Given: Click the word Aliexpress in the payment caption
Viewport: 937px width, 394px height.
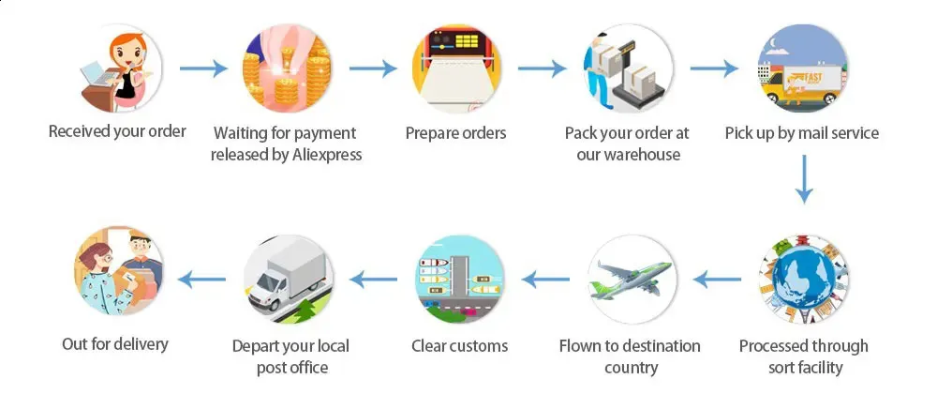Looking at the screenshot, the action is (x=327, y=154).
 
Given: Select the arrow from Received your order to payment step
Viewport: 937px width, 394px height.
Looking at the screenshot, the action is (x=203, y=68).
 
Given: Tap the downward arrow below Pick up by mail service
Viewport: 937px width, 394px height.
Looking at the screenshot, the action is (x=804, y=179).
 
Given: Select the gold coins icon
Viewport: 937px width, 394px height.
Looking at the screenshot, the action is (x=287, y=68).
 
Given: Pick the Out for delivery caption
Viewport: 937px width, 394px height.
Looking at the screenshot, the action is (x=115, y=343).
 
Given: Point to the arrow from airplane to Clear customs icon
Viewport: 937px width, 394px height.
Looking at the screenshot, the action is (x=545, y=279).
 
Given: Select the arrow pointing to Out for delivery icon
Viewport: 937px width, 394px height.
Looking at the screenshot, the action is (x=201, y=279).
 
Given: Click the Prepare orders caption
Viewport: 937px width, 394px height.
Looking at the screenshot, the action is (x=456, y=132).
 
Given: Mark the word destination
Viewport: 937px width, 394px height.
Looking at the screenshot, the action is (x=664, y=346).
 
